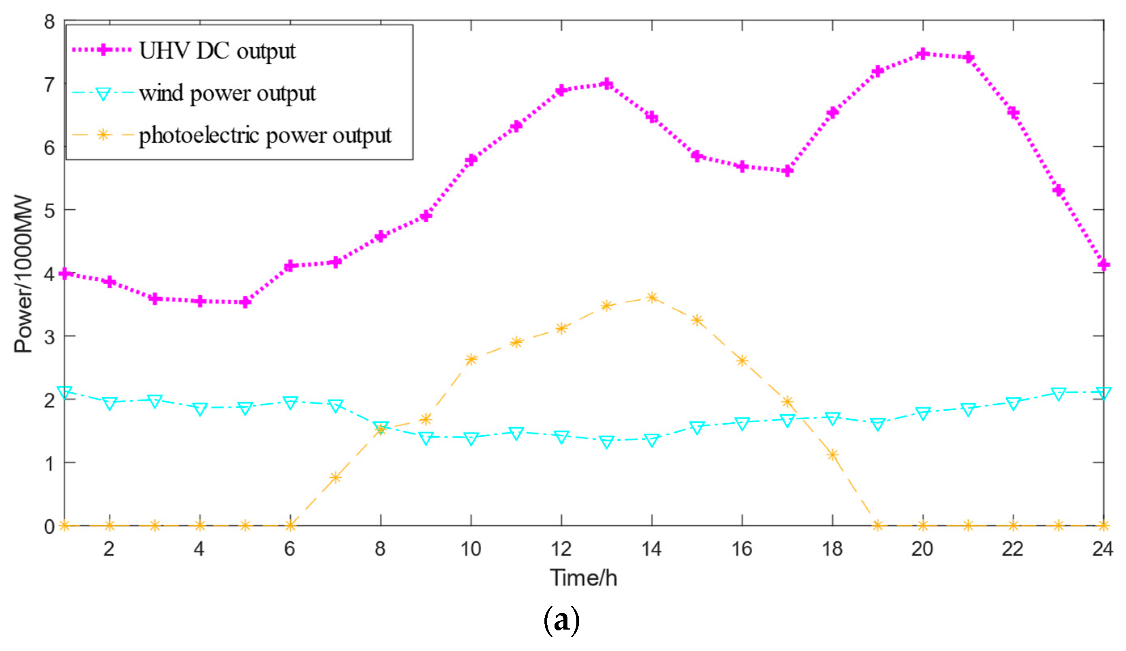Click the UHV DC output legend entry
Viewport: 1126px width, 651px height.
[x=217, y=51]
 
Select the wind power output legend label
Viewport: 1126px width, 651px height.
[x=227, y=93]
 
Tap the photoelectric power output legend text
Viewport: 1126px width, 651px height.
[x=265, y=135]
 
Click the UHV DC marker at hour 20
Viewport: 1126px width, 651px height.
[x=923, y=54]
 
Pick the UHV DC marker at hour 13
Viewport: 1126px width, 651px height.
[x=607, y=84]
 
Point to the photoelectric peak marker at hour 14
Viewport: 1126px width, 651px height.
[x=652, y=297]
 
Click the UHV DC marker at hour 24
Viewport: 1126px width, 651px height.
[x=1104, y=265]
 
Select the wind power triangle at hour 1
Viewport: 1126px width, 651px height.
[x=65, y=392]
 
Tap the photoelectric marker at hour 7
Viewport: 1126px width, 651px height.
[x=336, y=478]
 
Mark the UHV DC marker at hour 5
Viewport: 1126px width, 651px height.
[x=245, y=302]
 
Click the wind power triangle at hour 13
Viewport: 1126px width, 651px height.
[x=607, y=442]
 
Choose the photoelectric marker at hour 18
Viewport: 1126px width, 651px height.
[x=832, y=455]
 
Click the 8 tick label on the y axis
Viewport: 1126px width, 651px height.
[x=49, y=21]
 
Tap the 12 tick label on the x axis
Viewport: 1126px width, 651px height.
[x=561, y=549]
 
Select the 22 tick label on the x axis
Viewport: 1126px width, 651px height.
[x=1013, y=549]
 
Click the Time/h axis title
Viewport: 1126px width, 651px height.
[x=584, y=577]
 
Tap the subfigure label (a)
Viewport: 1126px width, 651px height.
[x=561, y=621]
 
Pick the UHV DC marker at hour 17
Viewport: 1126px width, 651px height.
[x=787, y=171]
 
